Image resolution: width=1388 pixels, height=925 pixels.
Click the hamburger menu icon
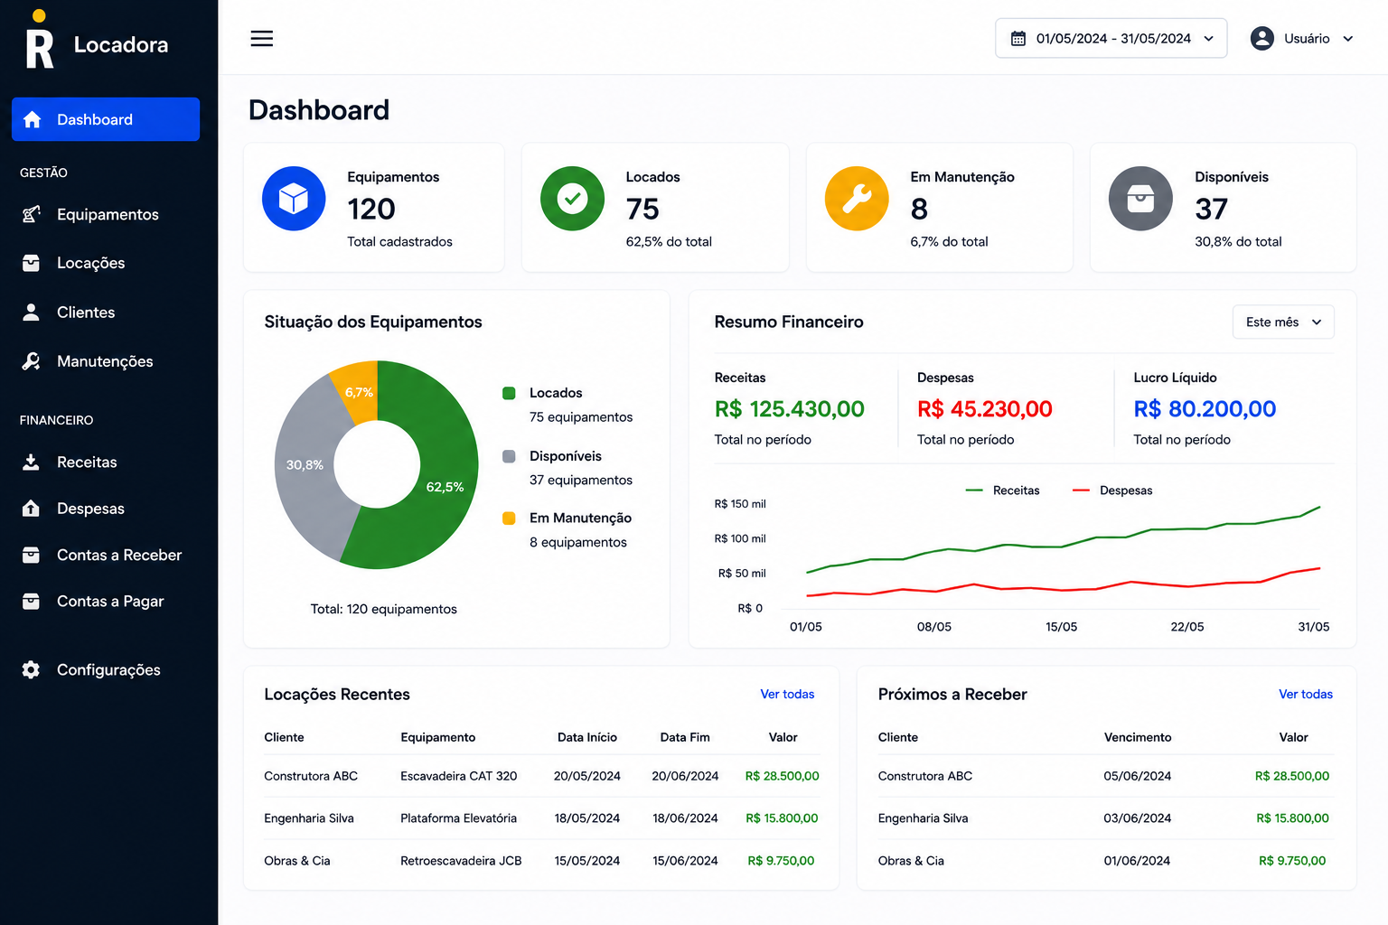261,39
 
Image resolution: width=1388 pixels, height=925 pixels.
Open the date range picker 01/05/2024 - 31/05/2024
1111,39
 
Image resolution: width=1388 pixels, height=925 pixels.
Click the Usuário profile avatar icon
1261,39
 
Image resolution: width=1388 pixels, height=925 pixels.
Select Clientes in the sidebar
86,313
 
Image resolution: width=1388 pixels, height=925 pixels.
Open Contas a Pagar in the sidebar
110,601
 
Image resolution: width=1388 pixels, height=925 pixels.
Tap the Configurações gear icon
31,669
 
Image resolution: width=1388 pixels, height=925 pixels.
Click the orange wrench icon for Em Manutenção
857,198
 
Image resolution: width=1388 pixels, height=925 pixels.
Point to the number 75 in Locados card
642,209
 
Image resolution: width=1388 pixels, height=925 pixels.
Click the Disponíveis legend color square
509,456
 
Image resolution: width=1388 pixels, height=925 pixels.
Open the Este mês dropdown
1283,322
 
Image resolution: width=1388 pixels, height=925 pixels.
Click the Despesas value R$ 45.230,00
985,409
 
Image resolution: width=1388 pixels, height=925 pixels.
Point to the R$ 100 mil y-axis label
740,538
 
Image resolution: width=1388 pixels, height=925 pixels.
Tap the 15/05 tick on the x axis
1062,626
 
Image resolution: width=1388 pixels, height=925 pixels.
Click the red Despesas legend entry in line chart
1112,491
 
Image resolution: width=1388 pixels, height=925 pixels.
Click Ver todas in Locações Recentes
787,694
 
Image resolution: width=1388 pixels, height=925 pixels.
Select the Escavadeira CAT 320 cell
458,776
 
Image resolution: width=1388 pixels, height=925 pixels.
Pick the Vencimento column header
1138,737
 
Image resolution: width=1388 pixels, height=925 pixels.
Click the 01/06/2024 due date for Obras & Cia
1137,861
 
